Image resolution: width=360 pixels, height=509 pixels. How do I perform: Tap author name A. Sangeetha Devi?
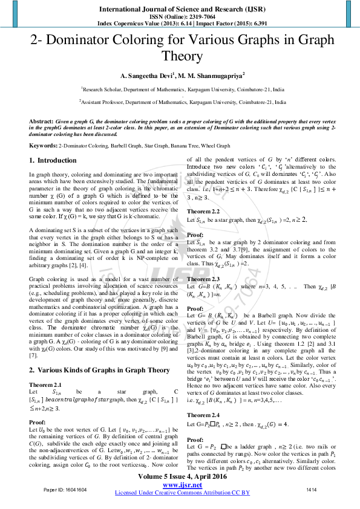pos(146,76)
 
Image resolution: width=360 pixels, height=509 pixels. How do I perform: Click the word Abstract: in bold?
pos(42,122)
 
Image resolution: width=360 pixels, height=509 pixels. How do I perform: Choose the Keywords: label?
pos(43,146)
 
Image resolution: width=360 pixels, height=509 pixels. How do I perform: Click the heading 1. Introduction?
pos(53,160)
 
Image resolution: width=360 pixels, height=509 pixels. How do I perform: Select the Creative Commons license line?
pos(180,493)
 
